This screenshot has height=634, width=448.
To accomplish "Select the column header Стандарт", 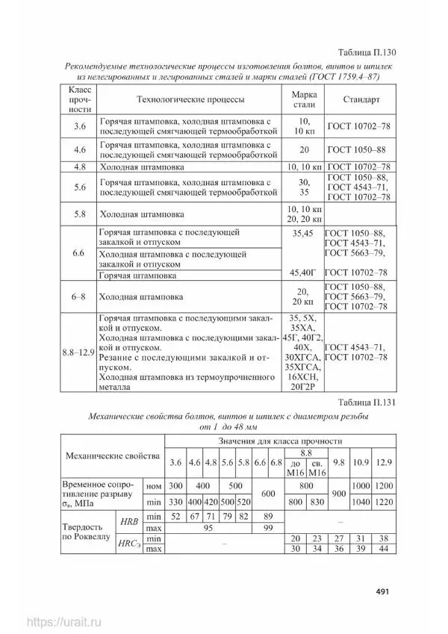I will click(x=361, y=99).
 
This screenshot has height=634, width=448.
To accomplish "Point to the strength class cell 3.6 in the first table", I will click(x=80, y=126).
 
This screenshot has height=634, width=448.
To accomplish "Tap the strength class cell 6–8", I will click(x=79, y=296).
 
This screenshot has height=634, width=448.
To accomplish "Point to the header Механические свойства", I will click(x=113, y=455).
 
